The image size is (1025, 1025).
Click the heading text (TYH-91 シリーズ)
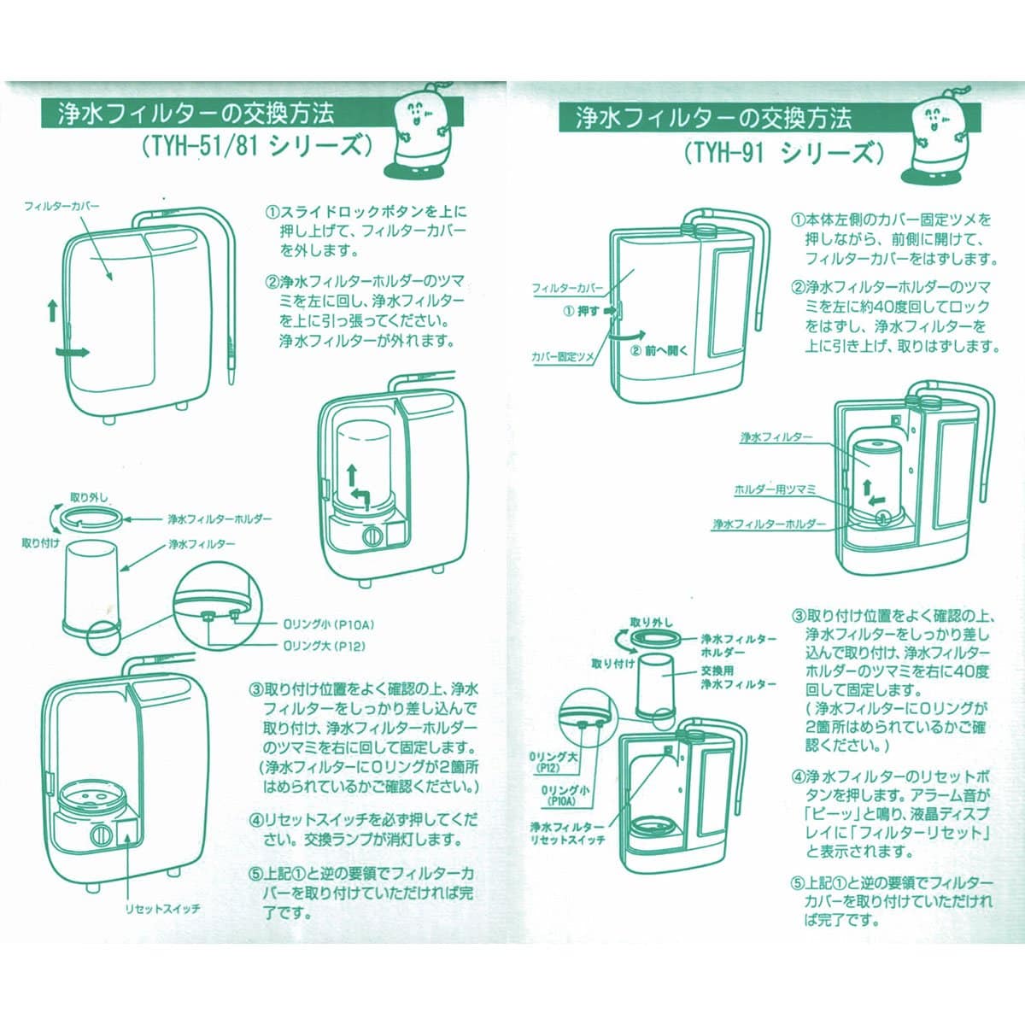[781, 153]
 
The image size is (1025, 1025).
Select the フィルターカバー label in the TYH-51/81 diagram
[61, 207]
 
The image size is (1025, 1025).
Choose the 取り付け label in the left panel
[40, 544]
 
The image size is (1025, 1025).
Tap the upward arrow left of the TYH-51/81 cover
[53, 308]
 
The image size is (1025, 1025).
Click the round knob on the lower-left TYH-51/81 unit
[100, 834]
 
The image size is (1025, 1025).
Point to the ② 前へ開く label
[659, 350]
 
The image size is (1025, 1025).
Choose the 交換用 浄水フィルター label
[738, 677]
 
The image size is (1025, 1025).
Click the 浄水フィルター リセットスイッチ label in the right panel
[566, 833]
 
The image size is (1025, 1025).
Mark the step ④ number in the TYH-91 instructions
[797, 777]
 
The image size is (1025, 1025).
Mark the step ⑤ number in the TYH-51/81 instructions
[255, 874]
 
